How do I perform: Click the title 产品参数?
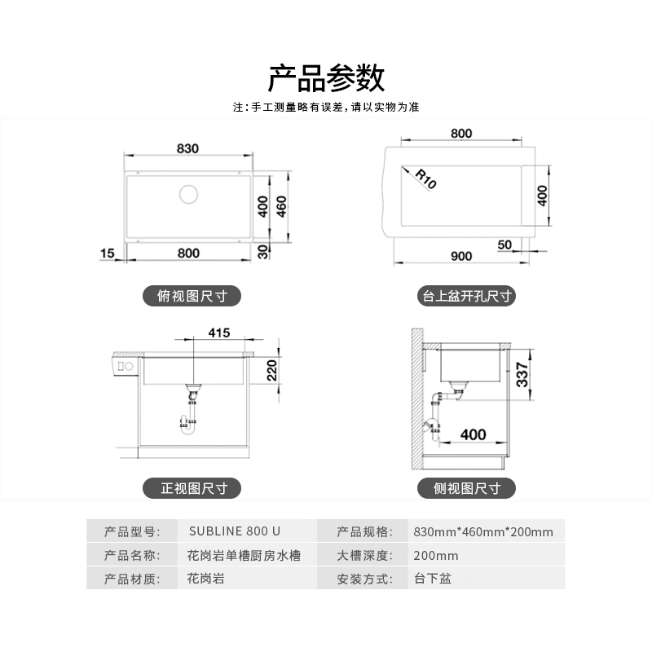pos(326,78)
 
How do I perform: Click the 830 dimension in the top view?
pos(188,148)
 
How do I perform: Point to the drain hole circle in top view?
pos(188,195)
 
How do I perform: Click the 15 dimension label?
pos(107,253)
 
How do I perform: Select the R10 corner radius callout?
pos(425,178)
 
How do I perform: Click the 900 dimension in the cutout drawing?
pos(460,256)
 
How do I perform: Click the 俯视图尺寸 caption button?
pos(192,296)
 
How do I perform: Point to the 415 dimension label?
pos(218,333)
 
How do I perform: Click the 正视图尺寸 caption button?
pos(192,488)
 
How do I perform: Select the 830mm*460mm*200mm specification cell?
pos(483,532)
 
